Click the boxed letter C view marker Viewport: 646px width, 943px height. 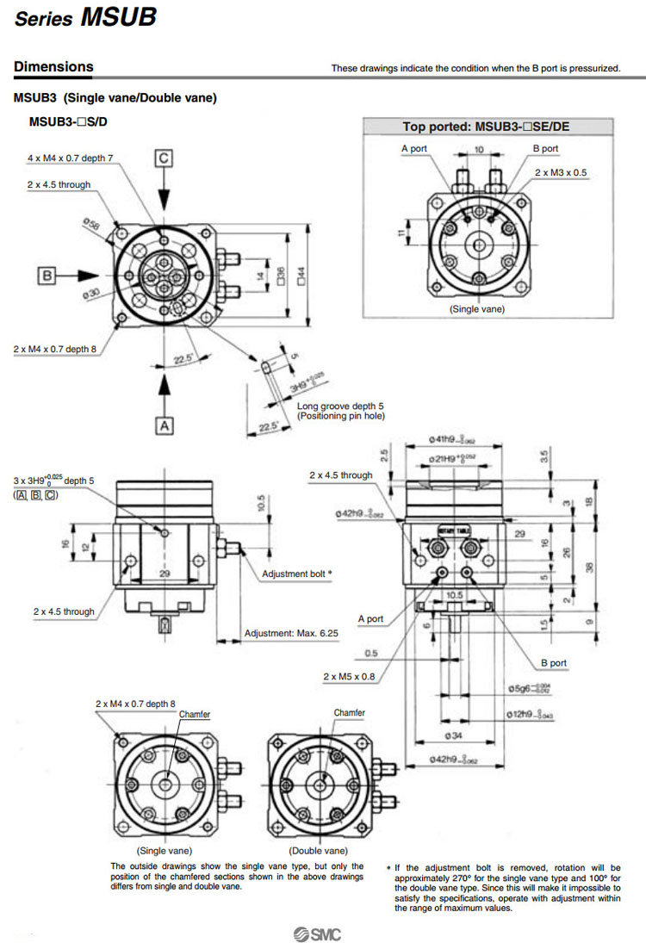pyautogui.click(x=165, y=157)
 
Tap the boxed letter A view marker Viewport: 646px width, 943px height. pyautogui.click(x=165, y=425)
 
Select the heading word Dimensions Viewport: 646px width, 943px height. pyautogui.click(x=53, y=66)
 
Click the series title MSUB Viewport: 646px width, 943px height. pyautogui.click(x=118, y=18)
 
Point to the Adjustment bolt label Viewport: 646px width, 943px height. pyautogui.click(x=296, y=573)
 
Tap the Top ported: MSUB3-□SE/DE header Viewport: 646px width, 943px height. pyautogui.click(x=486, y=127)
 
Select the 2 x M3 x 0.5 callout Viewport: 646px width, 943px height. pyautogui.click(x=561, y=173)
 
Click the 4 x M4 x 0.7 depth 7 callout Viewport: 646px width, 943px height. pyautogui.click(x=70, y=158)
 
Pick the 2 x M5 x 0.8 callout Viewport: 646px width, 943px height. pyautogui.click(x=349, y=677)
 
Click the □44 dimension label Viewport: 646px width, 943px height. pyautogui.click(x=301, y=272)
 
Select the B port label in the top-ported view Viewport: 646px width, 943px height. pyautogui.click(x=545, y=149)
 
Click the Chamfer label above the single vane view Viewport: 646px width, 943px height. pyautogui.click(x=195, y=715)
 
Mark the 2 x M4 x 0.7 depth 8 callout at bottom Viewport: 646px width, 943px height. pyautogui.click(x=135, y=704)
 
